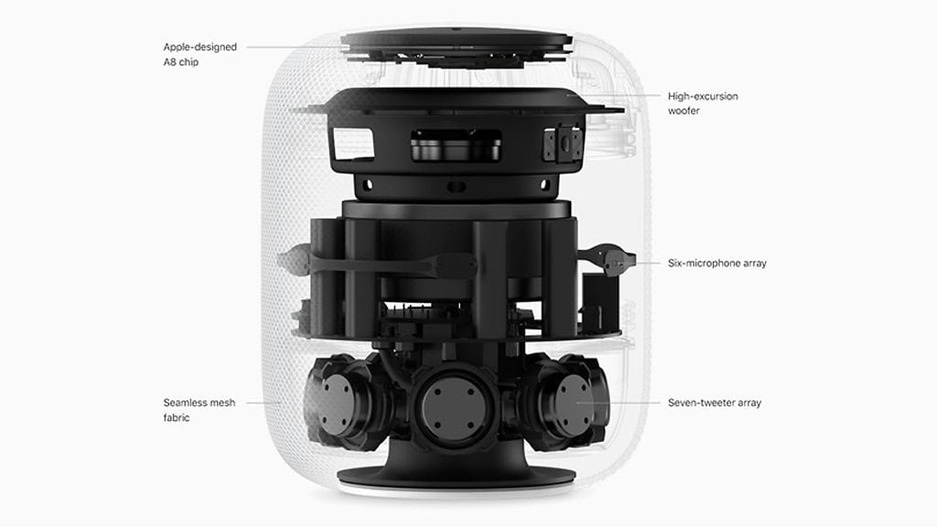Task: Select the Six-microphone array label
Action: pos(716,263)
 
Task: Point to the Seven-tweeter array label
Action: pos(714,403)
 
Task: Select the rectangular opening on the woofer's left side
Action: pos(352,144)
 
